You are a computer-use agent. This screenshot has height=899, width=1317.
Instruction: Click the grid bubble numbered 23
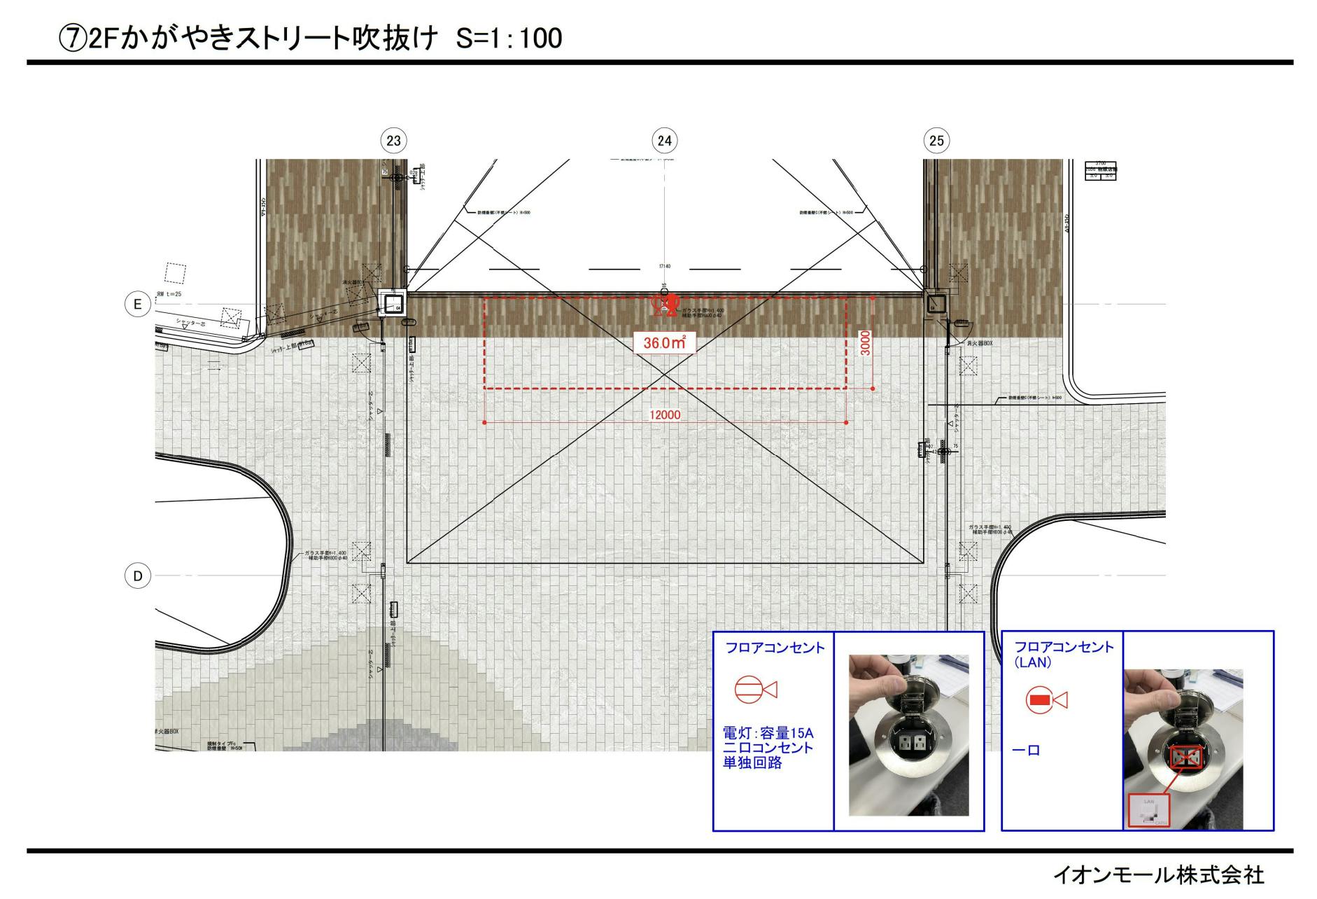pos(394,141)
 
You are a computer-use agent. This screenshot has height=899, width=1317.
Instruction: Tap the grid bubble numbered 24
pos(664,141)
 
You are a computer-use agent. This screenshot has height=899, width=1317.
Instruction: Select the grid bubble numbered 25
pos(936,141)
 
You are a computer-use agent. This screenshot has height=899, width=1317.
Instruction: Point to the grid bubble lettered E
pos(138,305)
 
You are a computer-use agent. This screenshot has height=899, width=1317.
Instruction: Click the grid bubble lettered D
pos(138,576)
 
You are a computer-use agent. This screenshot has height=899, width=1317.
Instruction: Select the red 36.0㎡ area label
pos(664,343)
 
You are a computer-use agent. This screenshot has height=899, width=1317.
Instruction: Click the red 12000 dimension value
pos(665,414)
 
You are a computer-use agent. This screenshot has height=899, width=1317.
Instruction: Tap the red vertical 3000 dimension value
pos(866,343)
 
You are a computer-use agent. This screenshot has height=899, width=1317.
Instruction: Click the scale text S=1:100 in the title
pos(509,38)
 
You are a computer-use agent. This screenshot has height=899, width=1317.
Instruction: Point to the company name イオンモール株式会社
pos(1158,874)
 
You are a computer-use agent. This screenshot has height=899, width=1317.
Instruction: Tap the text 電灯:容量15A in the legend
pos(768,733)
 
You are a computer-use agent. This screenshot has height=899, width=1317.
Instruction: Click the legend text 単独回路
pos(752,762)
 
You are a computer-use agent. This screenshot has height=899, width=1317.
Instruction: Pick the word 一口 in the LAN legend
pos(1027,751)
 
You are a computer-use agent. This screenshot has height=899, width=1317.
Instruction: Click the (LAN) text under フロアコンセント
pos(1033,662)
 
